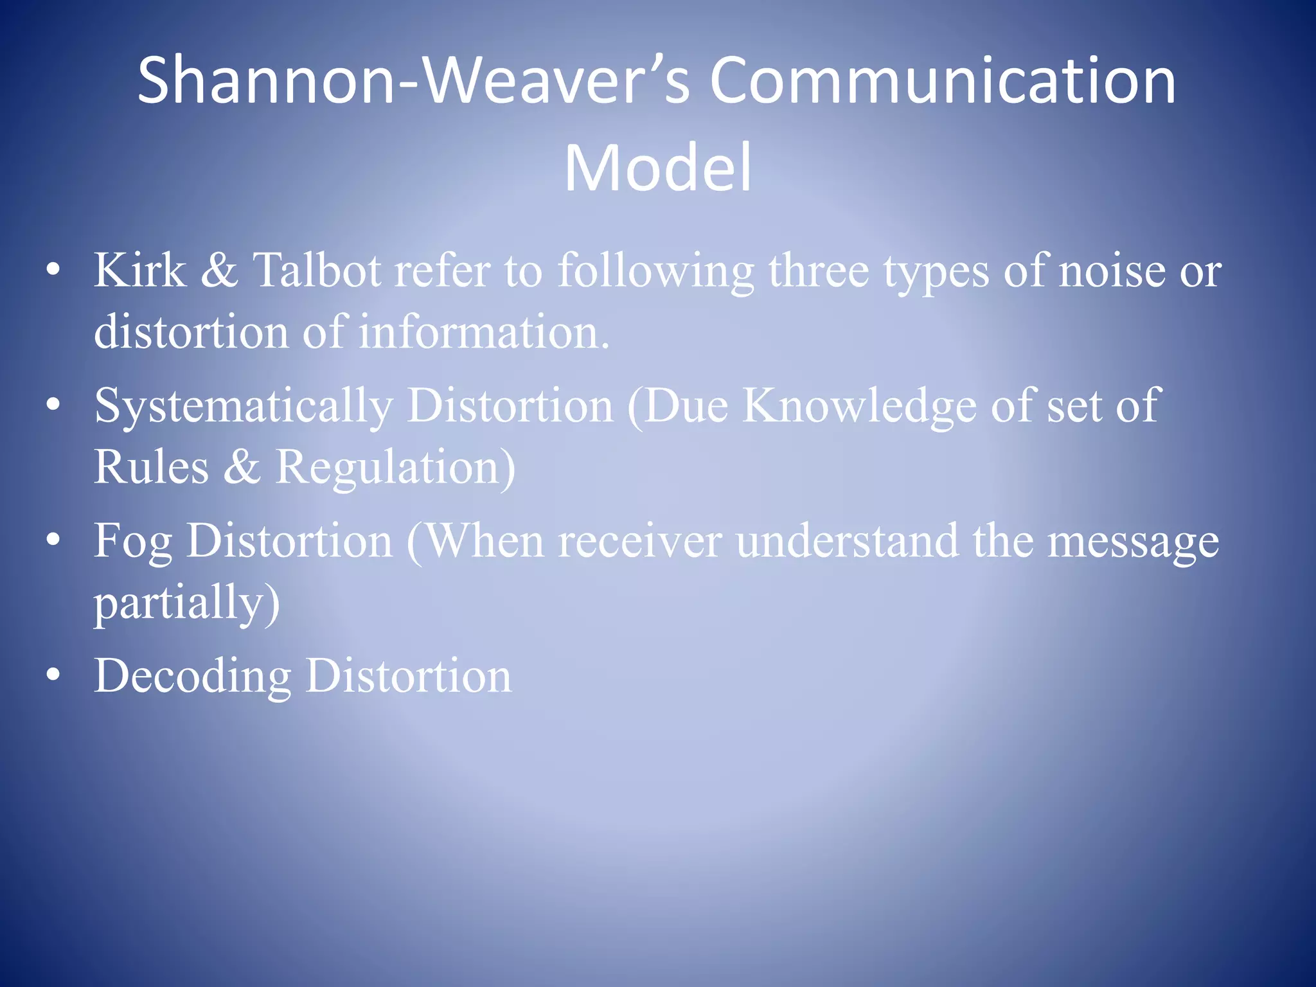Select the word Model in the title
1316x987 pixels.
coord(657,168)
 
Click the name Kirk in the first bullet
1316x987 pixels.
coord(139,271)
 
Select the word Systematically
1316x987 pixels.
coord(244,406)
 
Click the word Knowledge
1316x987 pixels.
coord(859,406)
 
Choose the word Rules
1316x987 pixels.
coord(151,467)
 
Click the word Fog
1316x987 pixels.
coord(132,542)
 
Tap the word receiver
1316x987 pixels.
coord(639,542)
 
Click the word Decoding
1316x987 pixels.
coord(192,677)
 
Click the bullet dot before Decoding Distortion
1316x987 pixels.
coord(53,675)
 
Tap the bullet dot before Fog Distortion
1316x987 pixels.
coord(53,539)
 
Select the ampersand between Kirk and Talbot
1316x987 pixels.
coord(219,271)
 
